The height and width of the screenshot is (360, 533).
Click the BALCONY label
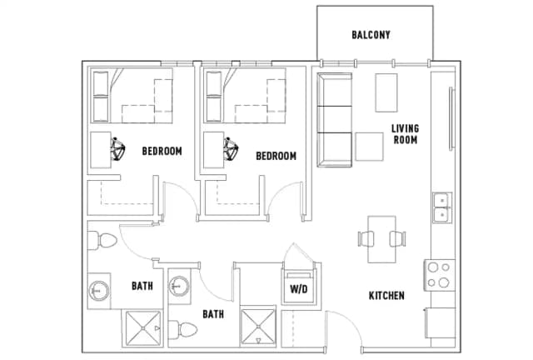(x=371, y=35)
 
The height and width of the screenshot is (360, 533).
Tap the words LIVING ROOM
(x=406, y=134)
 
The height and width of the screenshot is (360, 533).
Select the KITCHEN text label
(x=387, y=296)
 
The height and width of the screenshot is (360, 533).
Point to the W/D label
(x=298, y=290)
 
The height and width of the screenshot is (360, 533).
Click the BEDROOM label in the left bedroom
(x=162, y=152)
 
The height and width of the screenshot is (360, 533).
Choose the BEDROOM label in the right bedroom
(x=276, y=156)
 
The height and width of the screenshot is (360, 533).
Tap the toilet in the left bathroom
(x=103, y=241)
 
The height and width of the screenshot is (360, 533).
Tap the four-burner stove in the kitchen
(x=439, y=276)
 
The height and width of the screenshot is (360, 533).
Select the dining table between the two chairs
(x=384, y=237)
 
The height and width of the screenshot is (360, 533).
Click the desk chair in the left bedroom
(x=117, y=148)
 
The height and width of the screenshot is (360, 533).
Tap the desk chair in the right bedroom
(x=232, y=148)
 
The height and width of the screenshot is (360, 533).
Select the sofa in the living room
(x=333, y=118)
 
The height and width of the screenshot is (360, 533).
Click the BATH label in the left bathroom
(x=142, y=286)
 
